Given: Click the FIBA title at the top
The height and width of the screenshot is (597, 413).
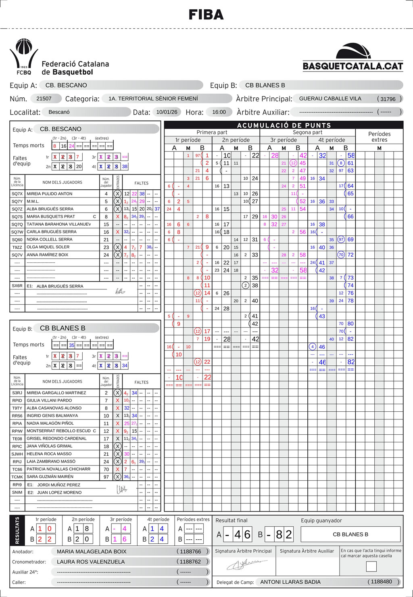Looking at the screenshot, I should click(x=206, y=15).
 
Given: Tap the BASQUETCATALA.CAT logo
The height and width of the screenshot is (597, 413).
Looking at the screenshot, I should click(x=353, y=58).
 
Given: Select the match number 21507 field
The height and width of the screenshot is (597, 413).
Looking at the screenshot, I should click(x=44, y=98).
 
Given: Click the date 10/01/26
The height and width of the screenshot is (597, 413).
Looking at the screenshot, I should click(x=167, y=112).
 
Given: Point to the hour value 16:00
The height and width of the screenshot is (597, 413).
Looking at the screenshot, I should click(x=219, y=112).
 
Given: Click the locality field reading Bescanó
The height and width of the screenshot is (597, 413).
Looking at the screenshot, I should click(x=59, y=112).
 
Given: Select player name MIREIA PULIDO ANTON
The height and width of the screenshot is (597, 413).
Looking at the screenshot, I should click(x=50, y=194).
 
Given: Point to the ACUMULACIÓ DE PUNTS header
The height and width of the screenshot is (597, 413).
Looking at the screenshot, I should click(x=284, y=125).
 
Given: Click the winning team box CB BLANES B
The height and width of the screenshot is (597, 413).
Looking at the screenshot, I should click(x=350, y=534).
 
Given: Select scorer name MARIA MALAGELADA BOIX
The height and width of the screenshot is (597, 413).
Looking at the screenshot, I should click(x=92, y=551).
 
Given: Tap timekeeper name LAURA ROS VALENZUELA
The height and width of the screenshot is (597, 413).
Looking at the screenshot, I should click(x=91, y=561).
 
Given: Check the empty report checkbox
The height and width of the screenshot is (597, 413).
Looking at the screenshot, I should click(x=371, y=566).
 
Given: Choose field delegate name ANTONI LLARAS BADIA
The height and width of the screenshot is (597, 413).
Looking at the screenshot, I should click(x=290, y=582).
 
